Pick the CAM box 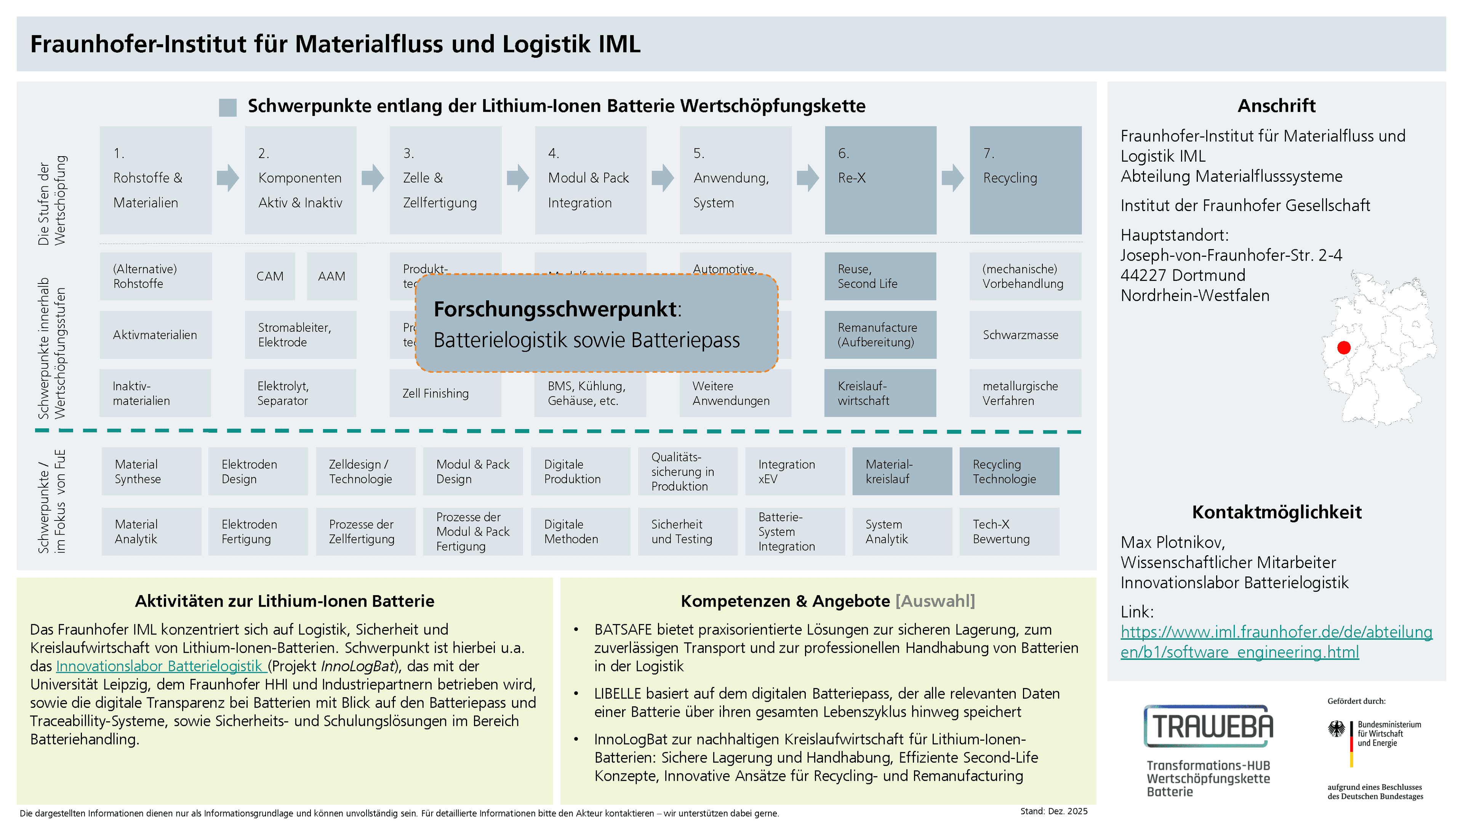[270, 276]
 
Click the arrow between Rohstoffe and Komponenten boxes [228, 178]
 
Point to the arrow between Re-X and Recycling [952, 178]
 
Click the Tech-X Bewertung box [1008, 532]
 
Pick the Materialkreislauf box [901, 471]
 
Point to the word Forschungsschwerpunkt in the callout [555, 309]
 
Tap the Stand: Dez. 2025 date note [1053, 811]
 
